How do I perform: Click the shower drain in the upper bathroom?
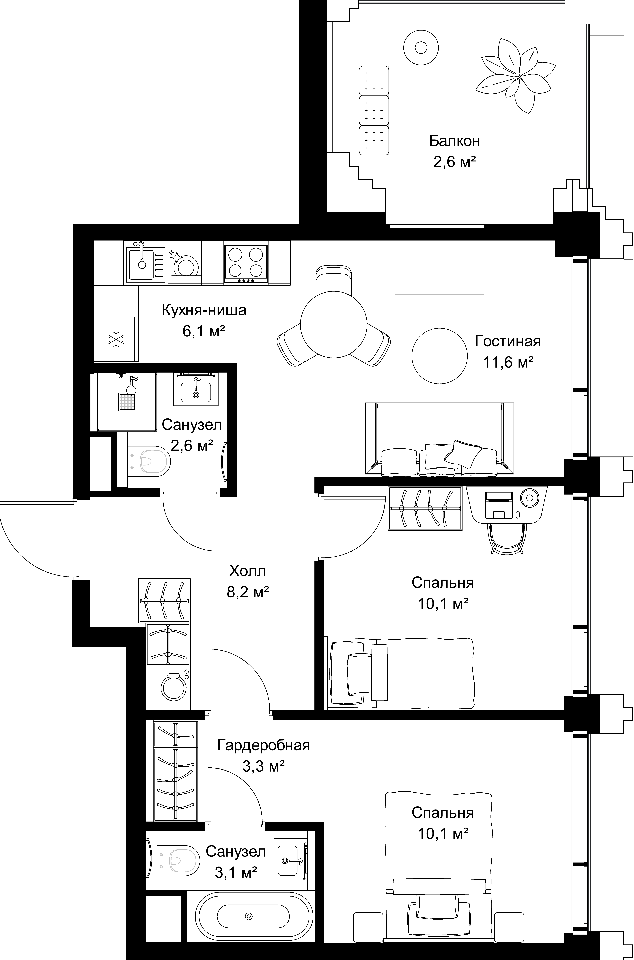pos(127,402)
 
